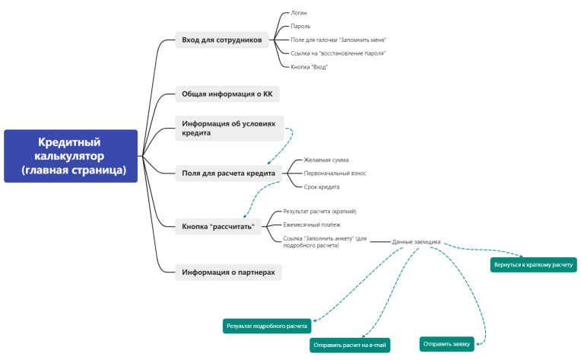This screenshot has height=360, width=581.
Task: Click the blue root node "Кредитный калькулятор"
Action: [71, 156]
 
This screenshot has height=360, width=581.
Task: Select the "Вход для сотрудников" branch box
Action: [221, 40]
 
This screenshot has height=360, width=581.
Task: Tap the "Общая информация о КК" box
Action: [227, 95]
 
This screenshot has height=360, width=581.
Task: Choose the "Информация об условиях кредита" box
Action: [229, 127]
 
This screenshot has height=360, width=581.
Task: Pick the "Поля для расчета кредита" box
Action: [228, 174]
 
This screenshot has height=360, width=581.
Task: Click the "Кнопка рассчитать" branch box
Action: [221, 226]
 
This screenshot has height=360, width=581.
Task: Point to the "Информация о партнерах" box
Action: [228, 272]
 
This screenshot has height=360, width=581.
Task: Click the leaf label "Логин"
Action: [299, 13]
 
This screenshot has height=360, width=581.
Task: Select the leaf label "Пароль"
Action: [300, 27]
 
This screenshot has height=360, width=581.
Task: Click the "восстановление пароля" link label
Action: [338, 53]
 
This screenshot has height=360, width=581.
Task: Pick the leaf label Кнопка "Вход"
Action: [310, 67]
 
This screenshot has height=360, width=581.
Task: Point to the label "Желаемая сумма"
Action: [326, 161]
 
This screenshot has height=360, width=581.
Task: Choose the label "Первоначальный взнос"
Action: [335, 174]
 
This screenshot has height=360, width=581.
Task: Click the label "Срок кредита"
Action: [322, 186]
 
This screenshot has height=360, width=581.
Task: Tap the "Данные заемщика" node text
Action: [416, 242]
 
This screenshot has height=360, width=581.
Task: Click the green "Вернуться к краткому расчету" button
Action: [534, 265]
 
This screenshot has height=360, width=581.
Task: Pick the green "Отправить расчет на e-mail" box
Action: [350, 346]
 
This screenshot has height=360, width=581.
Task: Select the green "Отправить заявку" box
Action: [447, 343]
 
